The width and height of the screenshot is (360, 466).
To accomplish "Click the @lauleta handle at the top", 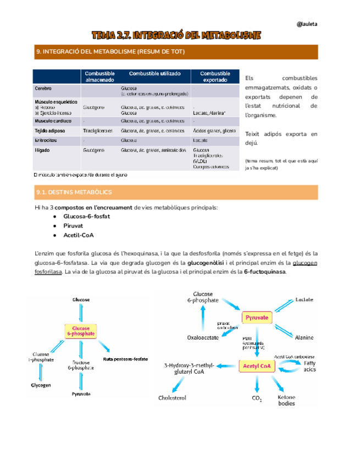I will pos(307,24).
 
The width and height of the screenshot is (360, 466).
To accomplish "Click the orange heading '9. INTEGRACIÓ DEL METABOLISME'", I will pos(110,52).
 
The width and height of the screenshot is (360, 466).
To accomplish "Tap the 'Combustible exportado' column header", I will pos(215,77).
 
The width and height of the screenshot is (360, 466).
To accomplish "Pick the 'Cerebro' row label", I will pos(43,88).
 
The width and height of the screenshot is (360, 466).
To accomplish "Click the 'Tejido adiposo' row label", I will pos(49,131).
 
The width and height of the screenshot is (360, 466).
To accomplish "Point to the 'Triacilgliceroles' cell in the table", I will pos(98,131).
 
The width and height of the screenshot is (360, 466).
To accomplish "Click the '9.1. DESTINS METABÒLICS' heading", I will pos(74,192).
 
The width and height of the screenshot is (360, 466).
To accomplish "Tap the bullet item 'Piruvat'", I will pos(73,225).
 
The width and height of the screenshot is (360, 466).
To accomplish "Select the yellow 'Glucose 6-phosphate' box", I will pos(81,331).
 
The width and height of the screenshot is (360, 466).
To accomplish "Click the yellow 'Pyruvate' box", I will pos(257,318).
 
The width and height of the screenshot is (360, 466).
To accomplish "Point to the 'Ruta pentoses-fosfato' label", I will pos(125,359).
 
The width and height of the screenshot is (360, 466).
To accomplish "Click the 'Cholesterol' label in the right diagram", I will pos(173,398).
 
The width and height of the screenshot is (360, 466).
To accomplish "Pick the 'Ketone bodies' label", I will pos(286,400).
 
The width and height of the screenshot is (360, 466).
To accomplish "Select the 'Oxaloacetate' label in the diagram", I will pos(204,337).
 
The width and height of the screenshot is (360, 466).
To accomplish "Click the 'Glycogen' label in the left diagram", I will pos(41,385).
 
